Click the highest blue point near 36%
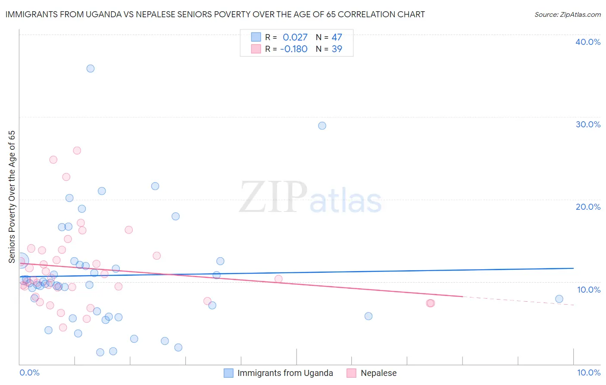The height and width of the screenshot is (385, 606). pos(91,69)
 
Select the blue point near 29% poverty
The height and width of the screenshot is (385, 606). pos(322,126)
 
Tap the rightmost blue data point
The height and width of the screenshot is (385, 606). pos(559,299)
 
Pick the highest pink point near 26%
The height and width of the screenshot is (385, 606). pos(77,151)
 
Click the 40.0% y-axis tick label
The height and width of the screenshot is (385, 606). pos(588,42)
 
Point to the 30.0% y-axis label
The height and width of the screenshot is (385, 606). pos(588,124)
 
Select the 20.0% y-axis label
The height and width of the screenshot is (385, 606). pos(588,207)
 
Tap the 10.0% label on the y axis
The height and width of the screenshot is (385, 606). pos(589,290)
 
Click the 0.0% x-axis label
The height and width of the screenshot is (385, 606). pos(29,372)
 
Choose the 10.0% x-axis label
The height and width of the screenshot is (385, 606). pos(589,372)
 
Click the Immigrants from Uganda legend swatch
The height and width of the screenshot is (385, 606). pos(228,373)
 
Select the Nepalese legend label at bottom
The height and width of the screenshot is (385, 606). pos(378,373)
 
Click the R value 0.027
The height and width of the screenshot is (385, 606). pos(295,38)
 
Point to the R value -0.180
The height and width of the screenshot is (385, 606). pos(294,49)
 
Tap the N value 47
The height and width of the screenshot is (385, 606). pos(337,38)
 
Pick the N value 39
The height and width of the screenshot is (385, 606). pos(337,49)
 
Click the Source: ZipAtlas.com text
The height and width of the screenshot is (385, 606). pos(567,15)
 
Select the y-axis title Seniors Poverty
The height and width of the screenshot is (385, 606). pos(12,197)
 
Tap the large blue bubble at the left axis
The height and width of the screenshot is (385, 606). pos(20,261)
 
